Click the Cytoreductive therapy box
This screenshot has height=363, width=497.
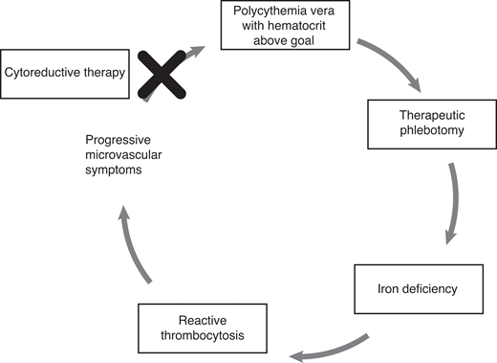[64, 72]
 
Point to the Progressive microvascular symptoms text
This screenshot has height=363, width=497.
[128, 154]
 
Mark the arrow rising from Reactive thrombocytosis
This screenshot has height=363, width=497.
[138, 243]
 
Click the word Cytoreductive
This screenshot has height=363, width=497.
[46, 72]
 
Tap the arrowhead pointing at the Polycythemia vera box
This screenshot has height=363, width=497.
[198, 47]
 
